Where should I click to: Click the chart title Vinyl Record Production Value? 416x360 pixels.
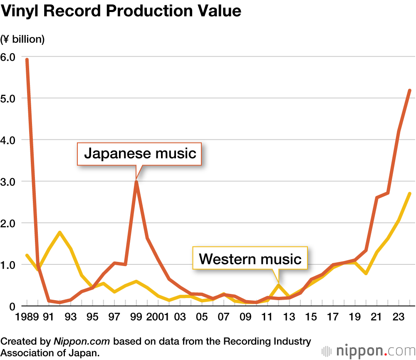click(x=121, y=11)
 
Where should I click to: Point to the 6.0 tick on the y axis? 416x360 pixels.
click(x=8, y=57)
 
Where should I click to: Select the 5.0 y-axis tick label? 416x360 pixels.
click(x=8, y=99)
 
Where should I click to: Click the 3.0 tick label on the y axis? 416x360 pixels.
click(x=8, y=182)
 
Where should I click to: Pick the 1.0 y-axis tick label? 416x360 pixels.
click(x=8, y=265)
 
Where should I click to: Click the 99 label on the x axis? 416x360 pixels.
click(x=136, y=318)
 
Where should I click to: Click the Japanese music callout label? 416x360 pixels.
click(x=140, y=154)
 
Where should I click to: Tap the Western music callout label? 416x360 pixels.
click(x=250, y=259)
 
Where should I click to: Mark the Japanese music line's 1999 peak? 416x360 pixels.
click(x=136, y=181)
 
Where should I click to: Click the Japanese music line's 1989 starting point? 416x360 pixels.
click(x=27, y=59)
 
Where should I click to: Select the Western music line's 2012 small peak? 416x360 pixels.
click(x=278, y=285)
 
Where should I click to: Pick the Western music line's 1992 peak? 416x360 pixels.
click(x=60, y=232)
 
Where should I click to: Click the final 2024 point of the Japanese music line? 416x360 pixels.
click(x=410, y=90)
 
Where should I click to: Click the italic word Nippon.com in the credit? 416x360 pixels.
click(x=82, y=342)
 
